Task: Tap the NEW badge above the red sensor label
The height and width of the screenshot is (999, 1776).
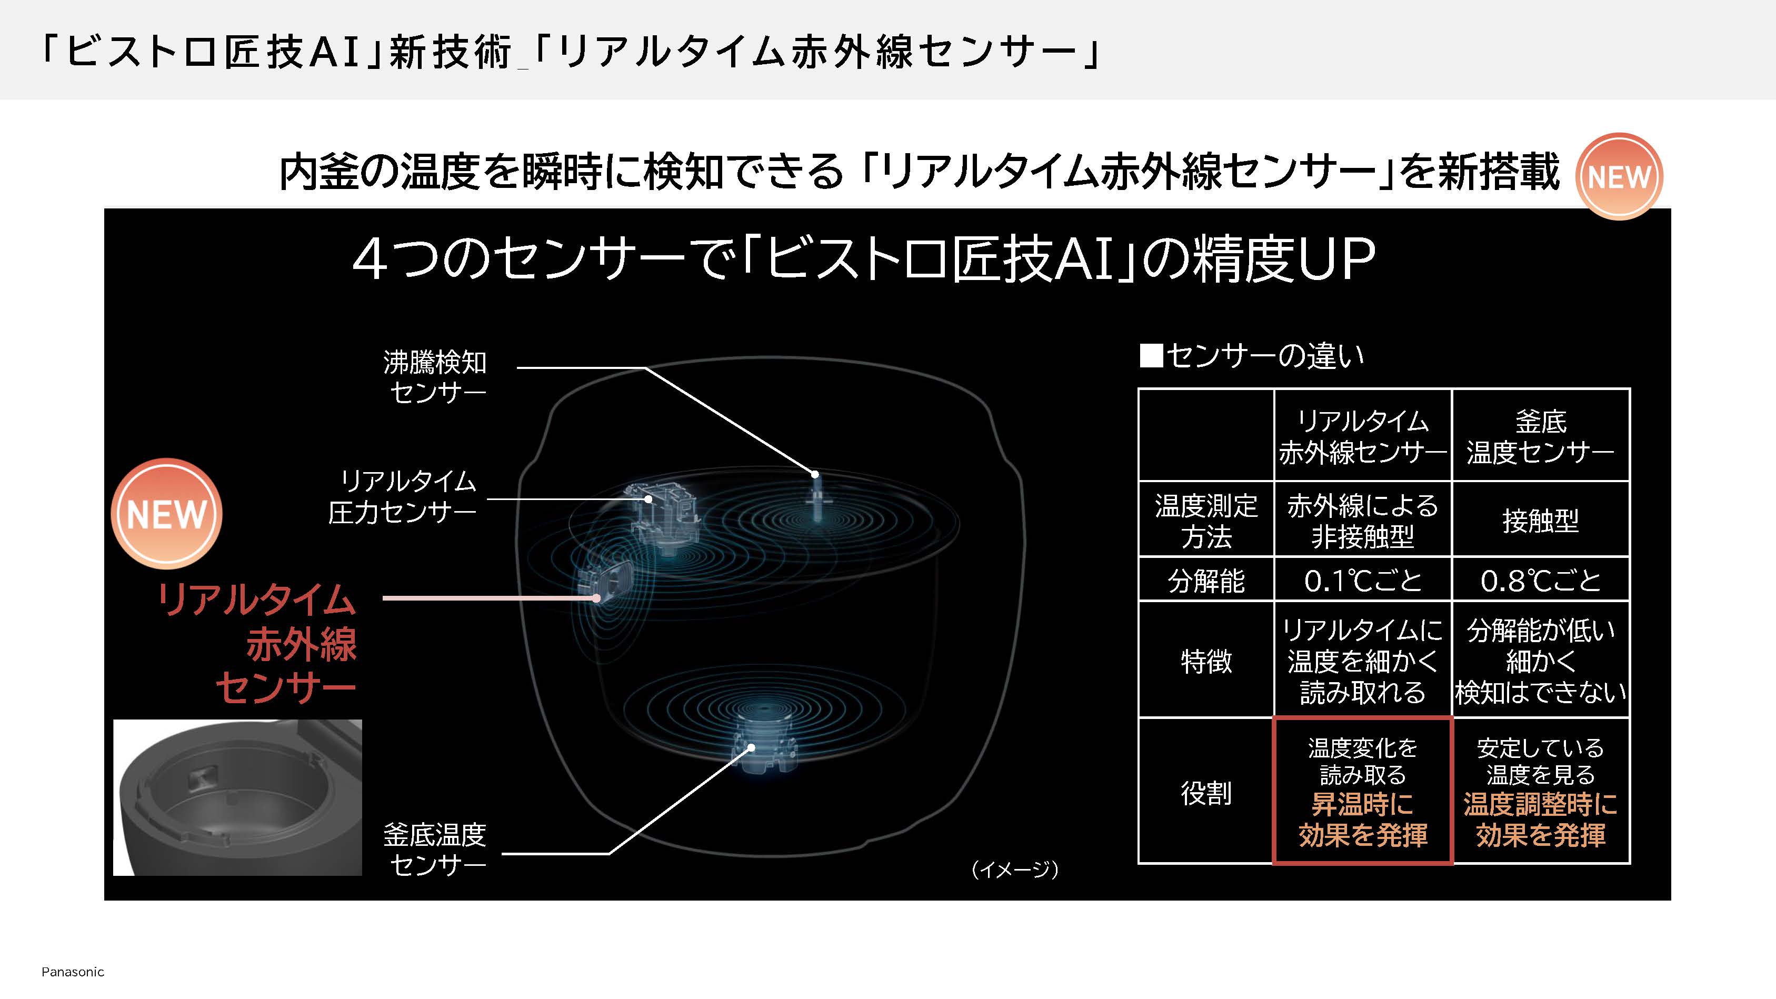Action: pos(166,514)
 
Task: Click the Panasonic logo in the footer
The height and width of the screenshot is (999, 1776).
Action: pos(73,972)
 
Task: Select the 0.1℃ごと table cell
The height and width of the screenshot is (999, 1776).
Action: pos(1362,580)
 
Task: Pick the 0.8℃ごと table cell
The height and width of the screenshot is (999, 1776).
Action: pos(1540,580)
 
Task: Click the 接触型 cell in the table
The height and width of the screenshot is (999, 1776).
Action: pos(1540,520)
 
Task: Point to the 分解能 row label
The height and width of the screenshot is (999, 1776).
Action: pos(1206,581)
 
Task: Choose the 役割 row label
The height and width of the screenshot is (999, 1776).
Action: pos(1206,792)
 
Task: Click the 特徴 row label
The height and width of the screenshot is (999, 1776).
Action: pos(1206,661)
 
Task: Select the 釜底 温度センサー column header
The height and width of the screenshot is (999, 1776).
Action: pos(1540,436)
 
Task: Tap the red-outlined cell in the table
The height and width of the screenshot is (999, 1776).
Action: pos(1362,791)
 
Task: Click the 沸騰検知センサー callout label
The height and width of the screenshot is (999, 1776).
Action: pos(435,376)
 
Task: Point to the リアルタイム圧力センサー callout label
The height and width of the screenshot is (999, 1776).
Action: pos(403,496)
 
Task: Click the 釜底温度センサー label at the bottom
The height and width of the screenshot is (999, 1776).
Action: pos(435,850)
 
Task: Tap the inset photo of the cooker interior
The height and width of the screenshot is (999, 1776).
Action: pos(237,797)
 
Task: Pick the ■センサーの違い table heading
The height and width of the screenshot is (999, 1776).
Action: pos(1252,356)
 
